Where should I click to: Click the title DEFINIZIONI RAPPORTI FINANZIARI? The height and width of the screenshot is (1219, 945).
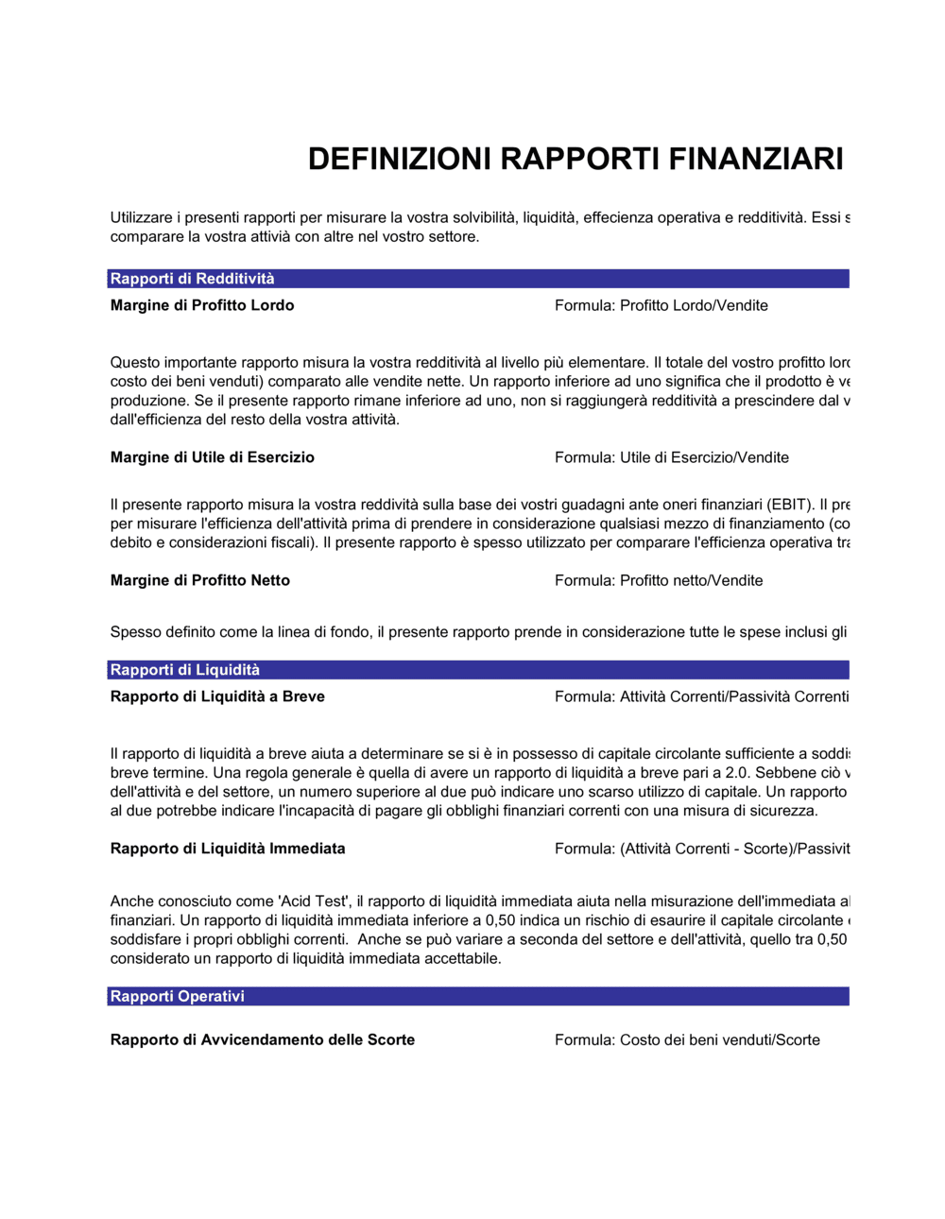click(575, 159)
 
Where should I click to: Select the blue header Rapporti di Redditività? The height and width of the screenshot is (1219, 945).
click(192, 279)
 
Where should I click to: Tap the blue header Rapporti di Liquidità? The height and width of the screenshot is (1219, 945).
click(184, 670)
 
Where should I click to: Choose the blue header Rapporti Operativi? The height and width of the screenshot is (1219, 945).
click(177, 996)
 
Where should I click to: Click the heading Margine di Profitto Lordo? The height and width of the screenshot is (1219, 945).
click(202, 305)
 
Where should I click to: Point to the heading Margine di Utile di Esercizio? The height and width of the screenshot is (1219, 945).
click(212, 457)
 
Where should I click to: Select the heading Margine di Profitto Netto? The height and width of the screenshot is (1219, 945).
click(199, 580)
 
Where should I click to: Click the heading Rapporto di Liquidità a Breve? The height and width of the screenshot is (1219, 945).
click(217, 696)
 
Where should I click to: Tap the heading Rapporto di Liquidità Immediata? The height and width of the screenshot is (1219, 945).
click(228, 849)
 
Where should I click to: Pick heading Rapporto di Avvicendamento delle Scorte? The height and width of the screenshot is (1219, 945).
click(263, 1039)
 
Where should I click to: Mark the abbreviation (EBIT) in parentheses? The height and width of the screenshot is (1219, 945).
click(790, 505)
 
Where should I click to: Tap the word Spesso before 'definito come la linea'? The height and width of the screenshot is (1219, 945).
click(135, 632)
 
